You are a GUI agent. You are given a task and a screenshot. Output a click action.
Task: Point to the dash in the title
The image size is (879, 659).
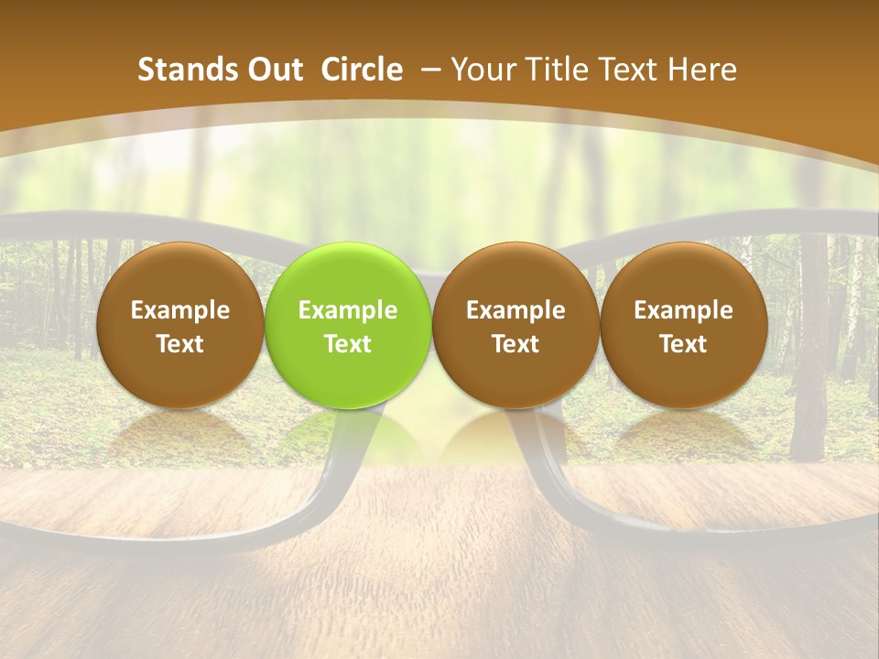pos(428,70)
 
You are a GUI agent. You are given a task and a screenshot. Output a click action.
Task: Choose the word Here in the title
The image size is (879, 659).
pos(703,70)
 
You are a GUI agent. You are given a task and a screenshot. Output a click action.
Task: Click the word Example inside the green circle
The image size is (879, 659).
pos(348,310)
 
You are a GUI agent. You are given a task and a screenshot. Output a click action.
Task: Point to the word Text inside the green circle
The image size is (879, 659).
pos(348,344)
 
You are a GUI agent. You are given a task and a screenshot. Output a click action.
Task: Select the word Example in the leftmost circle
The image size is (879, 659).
pos(180,310)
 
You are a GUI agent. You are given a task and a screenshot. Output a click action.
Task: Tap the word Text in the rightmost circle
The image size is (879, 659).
pos(683,344)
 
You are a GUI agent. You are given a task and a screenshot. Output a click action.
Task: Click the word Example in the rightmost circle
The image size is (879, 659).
pos(683,310)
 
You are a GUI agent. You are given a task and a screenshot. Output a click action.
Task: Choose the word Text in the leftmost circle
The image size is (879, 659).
pos(180,344)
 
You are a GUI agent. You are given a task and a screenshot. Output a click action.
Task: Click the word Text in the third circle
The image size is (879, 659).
pos(515,344)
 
